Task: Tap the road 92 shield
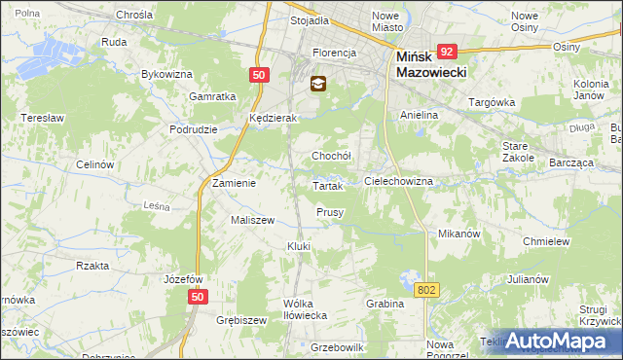click(448, 52)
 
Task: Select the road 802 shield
click(426, 289)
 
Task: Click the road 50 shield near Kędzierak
click(258, 74)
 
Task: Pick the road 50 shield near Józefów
click(198, 297)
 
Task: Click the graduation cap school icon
click(317, 85)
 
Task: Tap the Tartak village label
click(326, 185)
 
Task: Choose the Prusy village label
click(330, 212)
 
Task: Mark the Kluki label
click(298, 246)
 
